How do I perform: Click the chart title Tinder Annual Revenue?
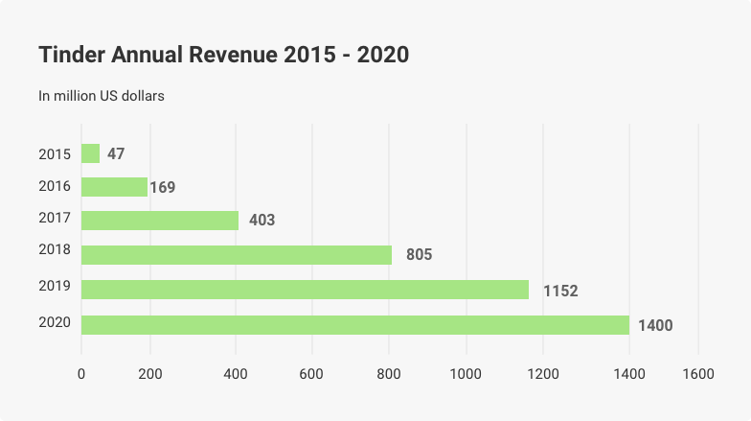click(x=223, y=56)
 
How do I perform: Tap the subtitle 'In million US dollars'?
click(x=102, y=96)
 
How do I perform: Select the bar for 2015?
click(x=90, y=153)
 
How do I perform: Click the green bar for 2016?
click(x=114, y=187)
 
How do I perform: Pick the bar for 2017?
click(x=160, y=221)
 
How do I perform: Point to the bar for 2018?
click(x=237, y=254)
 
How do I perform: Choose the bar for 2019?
click(x=305, y=289)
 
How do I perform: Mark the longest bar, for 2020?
click(x=354, y=325)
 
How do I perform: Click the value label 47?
click(x=116, y=153)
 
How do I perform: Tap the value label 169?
click(x=163, y=187)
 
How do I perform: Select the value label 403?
click(x=262, y=221)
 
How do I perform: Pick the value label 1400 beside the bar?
click(x=655, y=326)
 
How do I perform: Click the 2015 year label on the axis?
click(x=54, y=153)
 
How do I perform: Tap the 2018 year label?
click(x=54, y=250)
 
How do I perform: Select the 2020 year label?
click(x=54, y=321)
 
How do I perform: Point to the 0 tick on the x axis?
click(x=81, y=374)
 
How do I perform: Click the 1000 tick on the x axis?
click(x=467, y=374)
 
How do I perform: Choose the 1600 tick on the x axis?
click(x=697, y=374)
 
